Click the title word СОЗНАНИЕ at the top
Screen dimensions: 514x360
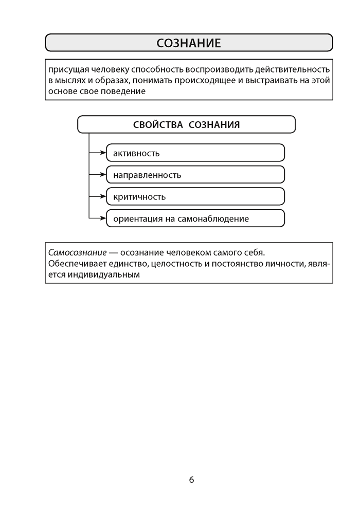tap(189, 43)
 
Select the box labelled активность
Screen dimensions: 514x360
tap(195, 153)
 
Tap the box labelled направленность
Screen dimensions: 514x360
tap(195, 175)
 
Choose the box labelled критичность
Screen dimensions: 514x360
tap(195, 197)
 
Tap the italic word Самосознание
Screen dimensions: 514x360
tap(77, 253)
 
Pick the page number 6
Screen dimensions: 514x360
tap(191, 480)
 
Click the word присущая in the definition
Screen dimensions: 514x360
tap(67, 69)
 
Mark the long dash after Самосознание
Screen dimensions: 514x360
tap(114, 253)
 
